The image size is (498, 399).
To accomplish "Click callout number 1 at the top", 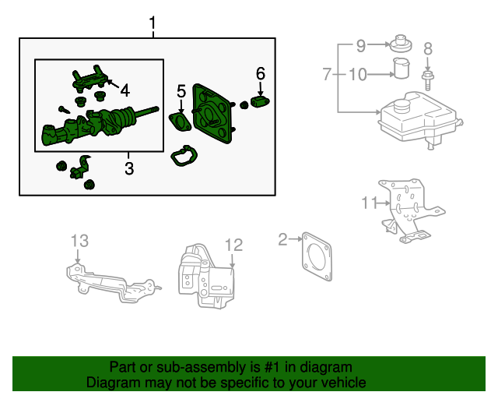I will click(153, 25).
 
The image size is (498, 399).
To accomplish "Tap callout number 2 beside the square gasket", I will click(283, 239).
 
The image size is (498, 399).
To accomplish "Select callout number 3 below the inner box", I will click(129, 168).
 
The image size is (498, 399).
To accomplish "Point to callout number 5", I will click(181, 91).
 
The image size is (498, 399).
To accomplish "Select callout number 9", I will click(360, 46).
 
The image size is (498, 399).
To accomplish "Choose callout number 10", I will click(356, 75).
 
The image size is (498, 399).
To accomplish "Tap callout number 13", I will click(81, 240).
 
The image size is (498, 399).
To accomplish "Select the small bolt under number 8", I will click(427, 79).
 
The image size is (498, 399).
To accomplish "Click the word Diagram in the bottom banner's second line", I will click(109, 383).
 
